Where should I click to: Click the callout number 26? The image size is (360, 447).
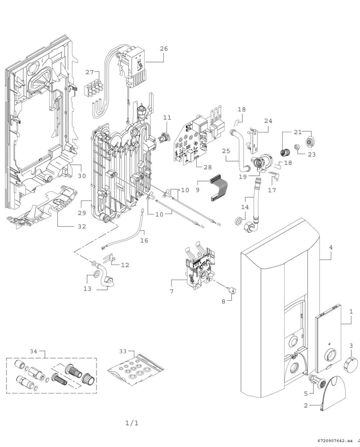[x=164, y=49]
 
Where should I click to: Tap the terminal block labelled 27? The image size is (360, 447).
[x=94, y=88]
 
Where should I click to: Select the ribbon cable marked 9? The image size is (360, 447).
[x=219, y=188]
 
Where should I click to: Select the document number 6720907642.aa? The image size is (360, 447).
[x=335, y=445]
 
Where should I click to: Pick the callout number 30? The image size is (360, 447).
[x=82, y=176]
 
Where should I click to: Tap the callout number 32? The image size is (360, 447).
[x=82, y=227]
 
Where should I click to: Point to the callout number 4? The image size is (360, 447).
[x=331, y=247]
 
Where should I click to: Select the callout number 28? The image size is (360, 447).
[x=208, y=167]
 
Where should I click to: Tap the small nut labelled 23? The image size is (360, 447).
[x=297, y=147]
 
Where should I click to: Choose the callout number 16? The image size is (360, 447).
[x=144, y=241]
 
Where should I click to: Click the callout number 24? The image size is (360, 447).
[x=268, y=121]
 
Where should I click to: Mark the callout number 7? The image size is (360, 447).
[x=172, y=291]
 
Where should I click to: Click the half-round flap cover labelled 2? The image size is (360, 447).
[x=333, y=394]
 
